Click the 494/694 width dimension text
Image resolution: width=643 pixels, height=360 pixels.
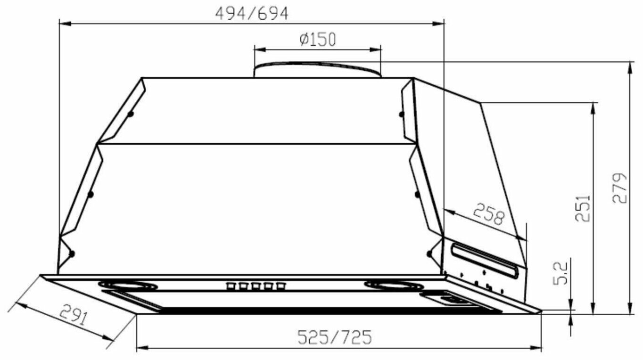point(252,14)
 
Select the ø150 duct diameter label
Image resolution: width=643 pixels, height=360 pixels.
point(317,39)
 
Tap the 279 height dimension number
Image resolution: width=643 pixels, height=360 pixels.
point(619,188)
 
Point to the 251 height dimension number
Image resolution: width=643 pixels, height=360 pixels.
point(583,209)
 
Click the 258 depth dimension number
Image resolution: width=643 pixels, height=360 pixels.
point(488,214)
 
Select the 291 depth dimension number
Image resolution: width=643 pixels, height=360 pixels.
point(74,315)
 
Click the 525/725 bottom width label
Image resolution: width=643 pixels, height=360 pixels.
point(335,337)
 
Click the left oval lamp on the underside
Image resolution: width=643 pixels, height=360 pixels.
point(128,286)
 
